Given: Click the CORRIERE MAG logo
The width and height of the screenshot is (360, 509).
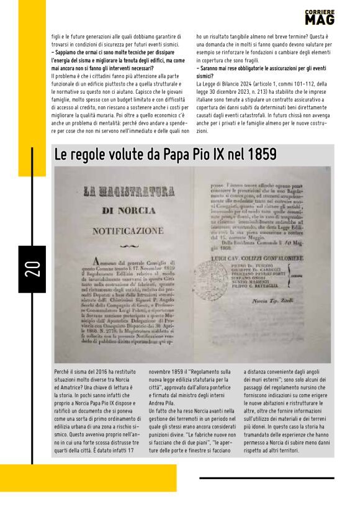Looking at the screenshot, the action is pyautogui.click(x=320, y=17).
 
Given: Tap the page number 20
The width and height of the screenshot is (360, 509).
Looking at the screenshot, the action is pyautogui.click(x=32, y=269).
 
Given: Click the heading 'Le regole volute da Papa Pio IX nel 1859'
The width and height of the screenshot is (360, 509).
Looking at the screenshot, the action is pyautogui.click(x=166, y=155).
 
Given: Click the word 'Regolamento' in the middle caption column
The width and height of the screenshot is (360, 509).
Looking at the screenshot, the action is pyautogui.click(x=202, y=371).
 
